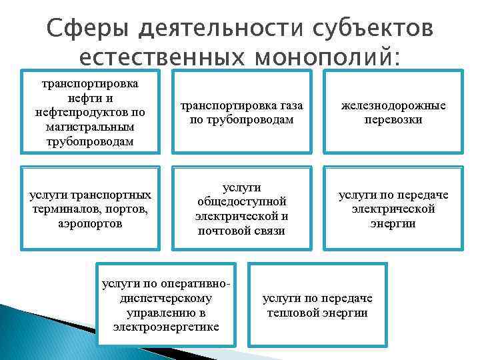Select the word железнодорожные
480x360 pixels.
pyautogui.click(x=393, y=105)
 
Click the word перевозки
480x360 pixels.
pyautogui.click(x=393, y=119)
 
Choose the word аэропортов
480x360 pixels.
pyautogui.click(x=90, y=223)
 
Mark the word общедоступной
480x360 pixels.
pyautogui.click(x=241, y=201)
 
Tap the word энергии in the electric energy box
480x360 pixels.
pyautogui.click(x=393, y=223)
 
